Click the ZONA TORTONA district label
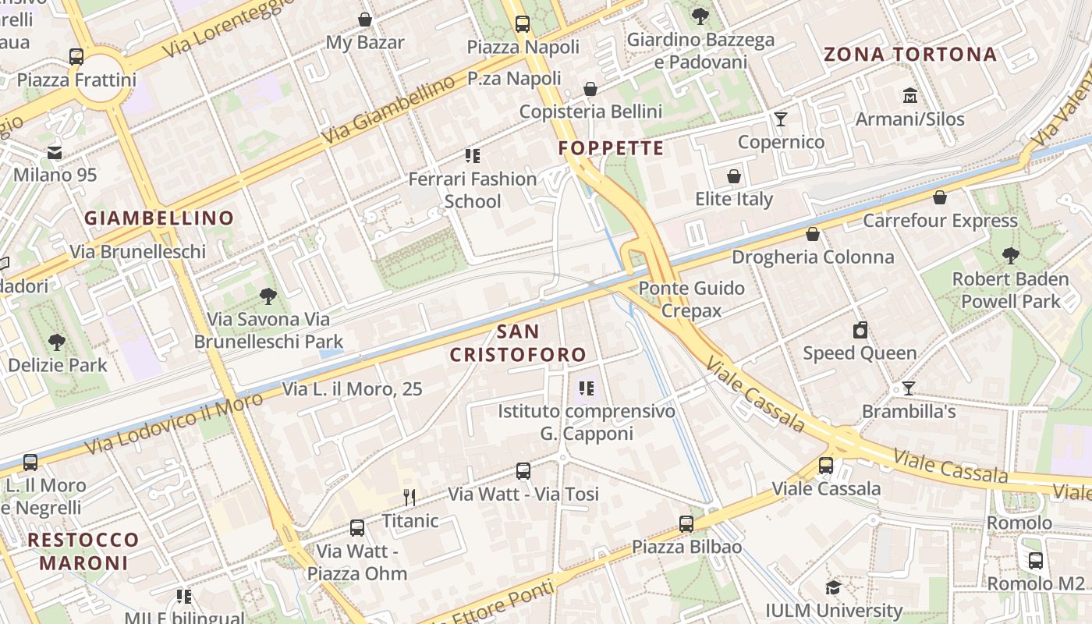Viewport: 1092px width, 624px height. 910,55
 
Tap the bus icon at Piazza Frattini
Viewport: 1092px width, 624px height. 76,56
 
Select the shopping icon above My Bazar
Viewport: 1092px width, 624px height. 364,19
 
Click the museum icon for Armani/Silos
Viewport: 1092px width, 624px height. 909,96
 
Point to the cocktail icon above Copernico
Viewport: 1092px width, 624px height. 780,119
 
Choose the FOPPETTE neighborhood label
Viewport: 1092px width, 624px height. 611,148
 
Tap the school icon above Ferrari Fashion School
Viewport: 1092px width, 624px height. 472,156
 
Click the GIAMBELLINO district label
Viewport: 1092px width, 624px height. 159,218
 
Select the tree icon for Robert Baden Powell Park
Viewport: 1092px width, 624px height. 1010,255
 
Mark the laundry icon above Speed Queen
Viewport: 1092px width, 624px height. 860,330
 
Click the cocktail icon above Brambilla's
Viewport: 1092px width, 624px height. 908,388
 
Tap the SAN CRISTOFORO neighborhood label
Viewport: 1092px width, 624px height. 518,343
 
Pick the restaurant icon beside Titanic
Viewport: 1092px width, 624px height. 409,497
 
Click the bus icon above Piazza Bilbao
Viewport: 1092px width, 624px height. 686,523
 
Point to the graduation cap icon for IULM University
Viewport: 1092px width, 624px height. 833,587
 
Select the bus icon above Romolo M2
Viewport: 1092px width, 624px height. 1035,560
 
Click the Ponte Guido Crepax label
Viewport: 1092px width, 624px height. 691,300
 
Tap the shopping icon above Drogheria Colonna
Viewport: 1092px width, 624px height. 813,234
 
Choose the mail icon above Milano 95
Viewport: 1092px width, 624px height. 55,152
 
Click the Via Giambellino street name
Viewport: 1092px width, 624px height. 388,110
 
